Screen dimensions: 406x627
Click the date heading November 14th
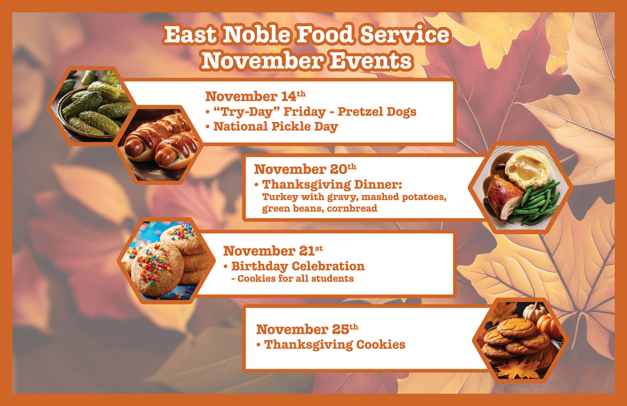(x=254, y=97)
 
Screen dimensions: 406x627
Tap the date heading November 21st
(x=272, y=250)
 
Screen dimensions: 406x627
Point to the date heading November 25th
(x=307, y=329)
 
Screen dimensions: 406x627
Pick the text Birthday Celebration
(x=298, y=266)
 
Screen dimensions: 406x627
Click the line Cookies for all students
(x=295, y=279)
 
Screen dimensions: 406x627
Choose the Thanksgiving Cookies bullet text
(x=334, y=345)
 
